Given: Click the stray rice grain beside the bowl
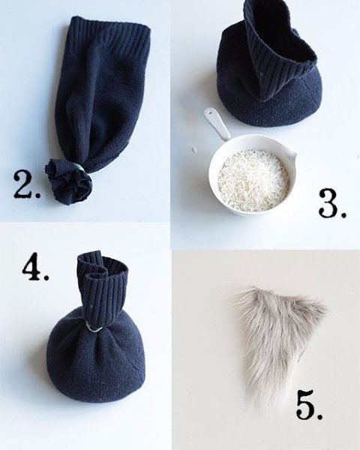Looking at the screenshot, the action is tap(194, 149).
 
